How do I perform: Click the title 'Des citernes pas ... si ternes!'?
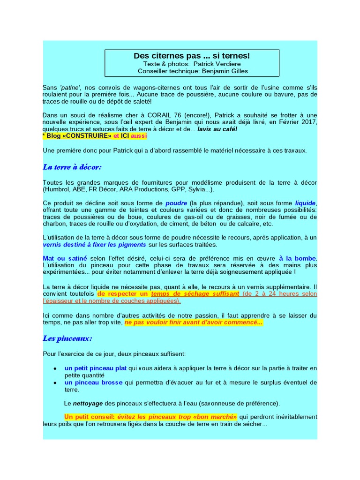point(192,56)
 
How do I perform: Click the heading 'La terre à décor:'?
point(72,167)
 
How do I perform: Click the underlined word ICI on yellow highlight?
point(125,136)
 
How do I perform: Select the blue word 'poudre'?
point(176,203)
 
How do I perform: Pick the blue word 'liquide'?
point(305,203)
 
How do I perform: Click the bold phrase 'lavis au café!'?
point(217,129)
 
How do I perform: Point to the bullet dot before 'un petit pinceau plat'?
point(56,368)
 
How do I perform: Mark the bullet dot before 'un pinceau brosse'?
point(56,383)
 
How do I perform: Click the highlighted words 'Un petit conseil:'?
point(89,417)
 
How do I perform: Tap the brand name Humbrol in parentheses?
point(57,189)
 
